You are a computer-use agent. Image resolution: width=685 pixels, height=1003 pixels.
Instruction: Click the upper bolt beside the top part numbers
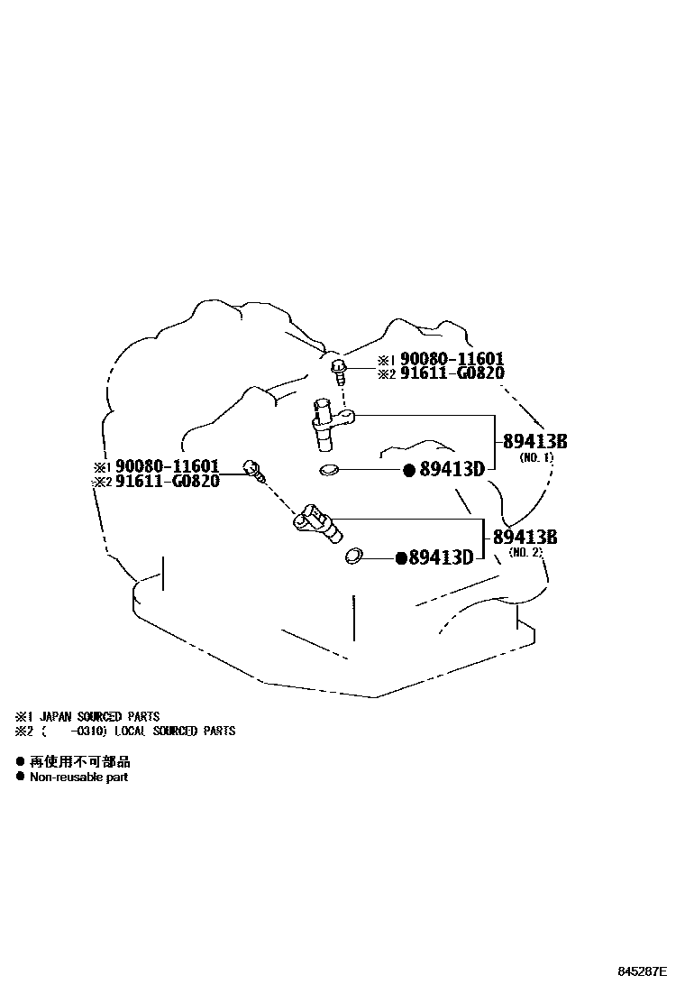(339, 366)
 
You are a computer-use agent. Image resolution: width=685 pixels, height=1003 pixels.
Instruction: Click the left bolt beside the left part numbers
(253, 468)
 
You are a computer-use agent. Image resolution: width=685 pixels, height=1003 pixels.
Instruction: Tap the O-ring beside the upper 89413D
(330, 469)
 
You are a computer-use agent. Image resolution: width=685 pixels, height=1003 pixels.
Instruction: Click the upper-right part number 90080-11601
(452, 359)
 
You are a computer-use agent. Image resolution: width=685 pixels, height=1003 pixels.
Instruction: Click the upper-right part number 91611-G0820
(452, 373)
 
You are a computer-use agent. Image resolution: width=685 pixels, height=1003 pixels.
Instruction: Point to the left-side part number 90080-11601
(168, 466)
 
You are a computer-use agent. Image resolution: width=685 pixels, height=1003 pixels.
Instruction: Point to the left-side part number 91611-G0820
(168, 481)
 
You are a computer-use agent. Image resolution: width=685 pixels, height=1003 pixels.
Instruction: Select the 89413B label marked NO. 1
(534, 442)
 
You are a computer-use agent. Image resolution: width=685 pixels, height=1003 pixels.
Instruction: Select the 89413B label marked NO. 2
(525, 538)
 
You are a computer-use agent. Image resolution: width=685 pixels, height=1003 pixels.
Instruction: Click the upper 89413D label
(452, 469)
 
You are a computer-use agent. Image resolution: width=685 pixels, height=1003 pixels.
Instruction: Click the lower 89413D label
(441, 557)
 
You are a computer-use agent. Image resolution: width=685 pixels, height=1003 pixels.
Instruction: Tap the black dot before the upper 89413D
(408, 469)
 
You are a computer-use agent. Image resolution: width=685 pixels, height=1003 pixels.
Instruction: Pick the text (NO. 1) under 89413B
(536, 457)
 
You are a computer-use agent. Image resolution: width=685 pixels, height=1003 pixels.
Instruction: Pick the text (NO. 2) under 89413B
(525, 552)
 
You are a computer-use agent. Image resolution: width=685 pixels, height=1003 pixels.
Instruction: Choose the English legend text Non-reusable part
(79, 777)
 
